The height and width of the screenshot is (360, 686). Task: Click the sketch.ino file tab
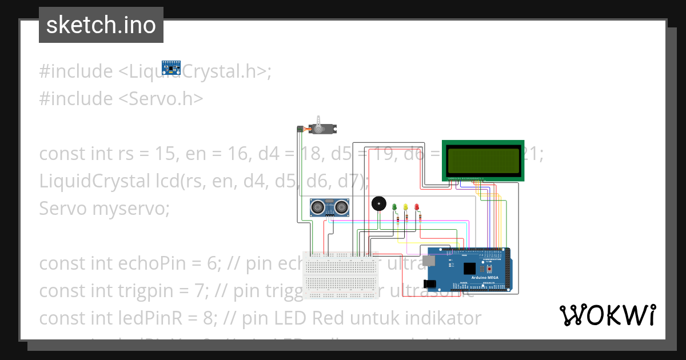101,25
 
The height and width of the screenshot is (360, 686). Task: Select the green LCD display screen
483,161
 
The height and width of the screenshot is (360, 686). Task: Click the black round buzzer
378,204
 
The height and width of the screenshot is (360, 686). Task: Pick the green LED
394,207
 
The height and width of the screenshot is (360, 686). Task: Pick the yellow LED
405,207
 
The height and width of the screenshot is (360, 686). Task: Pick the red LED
417,207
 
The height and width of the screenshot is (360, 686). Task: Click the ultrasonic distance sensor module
330,206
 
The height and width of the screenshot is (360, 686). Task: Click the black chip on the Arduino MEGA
469,269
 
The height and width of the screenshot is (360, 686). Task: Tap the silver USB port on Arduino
429,261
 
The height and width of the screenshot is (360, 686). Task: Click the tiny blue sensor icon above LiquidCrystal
170,67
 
